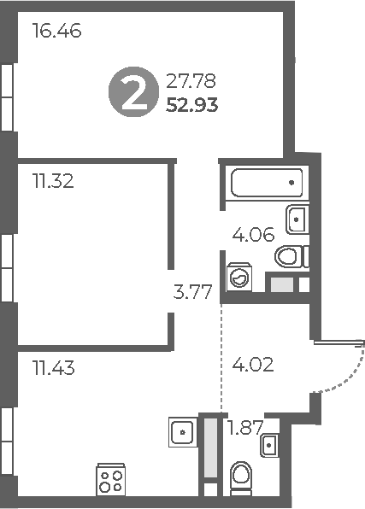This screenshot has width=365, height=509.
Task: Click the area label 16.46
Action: tap(56, 33)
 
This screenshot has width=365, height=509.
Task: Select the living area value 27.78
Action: tap(191, 83)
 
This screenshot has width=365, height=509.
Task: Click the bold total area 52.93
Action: tap(193, 106)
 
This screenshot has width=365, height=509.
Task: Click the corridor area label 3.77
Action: tap(192, 293)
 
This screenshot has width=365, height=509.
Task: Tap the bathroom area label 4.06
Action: tap(253, 234)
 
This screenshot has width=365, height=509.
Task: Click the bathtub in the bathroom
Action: tap(266, 183)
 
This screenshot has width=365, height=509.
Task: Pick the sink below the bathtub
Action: tap(297, 219)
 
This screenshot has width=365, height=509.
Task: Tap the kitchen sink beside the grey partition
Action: tap(181, 431)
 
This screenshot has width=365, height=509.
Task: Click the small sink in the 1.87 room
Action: tap(269, 444)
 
